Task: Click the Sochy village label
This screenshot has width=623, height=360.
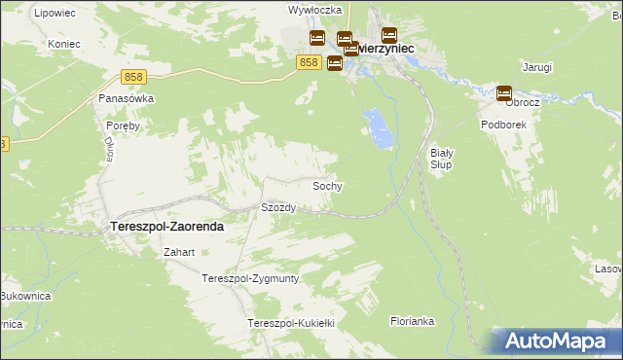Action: click(x=327, y=185)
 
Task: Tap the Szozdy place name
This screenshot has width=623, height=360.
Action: click(x=278, y=207)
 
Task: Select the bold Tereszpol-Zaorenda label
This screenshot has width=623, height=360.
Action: click(x=162, y=226)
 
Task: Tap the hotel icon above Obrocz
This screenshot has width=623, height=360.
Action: click(x=504, y=93)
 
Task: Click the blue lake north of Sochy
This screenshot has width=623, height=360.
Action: click(x=379, y=129)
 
